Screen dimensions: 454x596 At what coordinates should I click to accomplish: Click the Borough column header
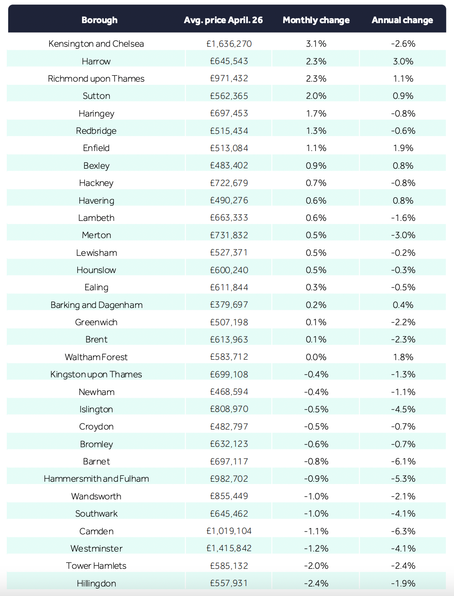pos(99,20)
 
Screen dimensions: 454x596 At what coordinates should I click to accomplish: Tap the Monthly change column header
pos(316,20)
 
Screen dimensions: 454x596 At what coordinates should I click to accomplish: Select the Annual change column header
pos(402,20)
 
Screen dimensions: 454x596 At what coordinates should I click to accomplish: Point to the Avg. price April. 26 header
pos(223,20)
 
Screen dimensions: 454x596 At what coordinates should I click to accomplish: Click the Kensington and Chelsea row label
pos(96,44)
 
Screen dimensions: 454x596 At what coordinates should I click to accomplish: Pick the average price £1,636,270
pos(229,44)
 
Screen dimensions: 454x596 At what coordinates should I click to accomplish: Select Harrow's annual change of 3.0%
pos(403,61)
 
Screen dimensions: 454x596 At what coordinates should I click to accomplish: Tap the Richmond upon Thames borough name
pos(96,79)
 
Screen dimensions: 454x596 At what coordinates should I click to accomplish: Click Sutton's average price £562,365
pos(229,96)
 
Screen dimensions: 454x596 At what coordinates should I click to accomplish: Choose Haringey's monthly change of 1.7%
pos(316,113)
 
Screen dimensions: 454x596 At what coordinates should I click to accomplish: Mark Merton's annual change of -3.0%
pos(403,235)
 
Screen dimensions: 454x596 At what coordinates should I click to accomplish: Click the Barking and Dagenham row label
pos(96,305)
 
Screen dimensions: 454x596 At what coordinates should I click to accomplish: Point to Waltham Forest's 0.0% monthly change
pos(316,357)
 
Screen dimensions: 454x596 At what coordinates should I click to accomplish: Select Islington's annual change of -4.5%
pos(403,409)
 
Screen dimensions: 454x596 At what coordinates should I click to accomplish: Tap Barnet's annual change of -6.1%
pos(403,461)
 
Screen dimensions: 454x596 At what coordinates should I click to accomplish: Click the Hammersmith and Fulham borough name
pos(96,479)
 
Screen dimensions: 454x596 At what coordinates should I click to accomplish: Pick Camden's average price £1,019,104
pos(229,531)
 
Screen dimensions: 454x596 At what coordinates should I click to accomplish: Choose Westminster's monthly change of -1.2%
pos(316,548)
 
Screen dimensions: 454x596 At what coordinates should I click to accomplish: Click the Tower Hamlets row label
pos(96,566)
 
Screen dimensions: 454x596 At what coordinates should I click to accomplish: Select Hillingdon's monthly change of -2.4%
pos(316,583)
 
